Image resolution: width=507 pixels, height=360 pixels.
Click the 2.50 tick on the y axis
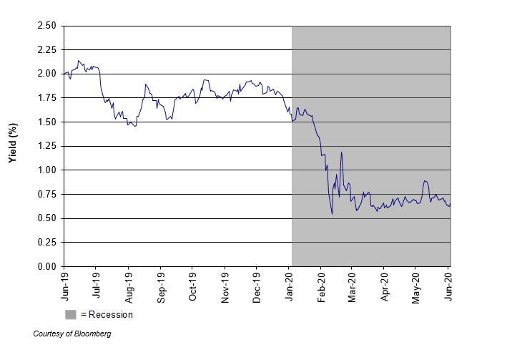coord(46,26)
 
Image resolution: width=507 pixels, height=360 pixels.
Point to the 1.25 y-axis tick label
coord(46,146)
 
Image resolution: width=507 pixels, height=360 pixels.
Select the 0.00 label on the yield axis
coord(46,267)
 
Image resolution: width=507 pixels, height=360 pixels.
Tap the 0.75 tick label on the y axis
coord(46,195)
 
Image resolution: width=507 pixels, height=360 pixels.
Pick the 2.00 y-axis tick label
coord(46,74)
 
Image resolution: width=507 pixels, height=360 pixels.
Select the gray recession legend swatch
coord(71,314)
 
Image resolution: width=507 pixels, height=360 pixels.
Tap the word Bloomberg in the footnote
coord(92,334)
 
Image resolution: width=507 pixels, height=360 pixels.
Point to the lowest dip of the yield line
coord(332,213)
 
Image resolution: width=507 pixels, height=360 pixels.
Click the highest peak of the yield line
coord(79,61)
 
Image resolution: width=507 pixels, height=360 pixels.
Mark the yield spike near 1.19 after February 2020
coord(341,152)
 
